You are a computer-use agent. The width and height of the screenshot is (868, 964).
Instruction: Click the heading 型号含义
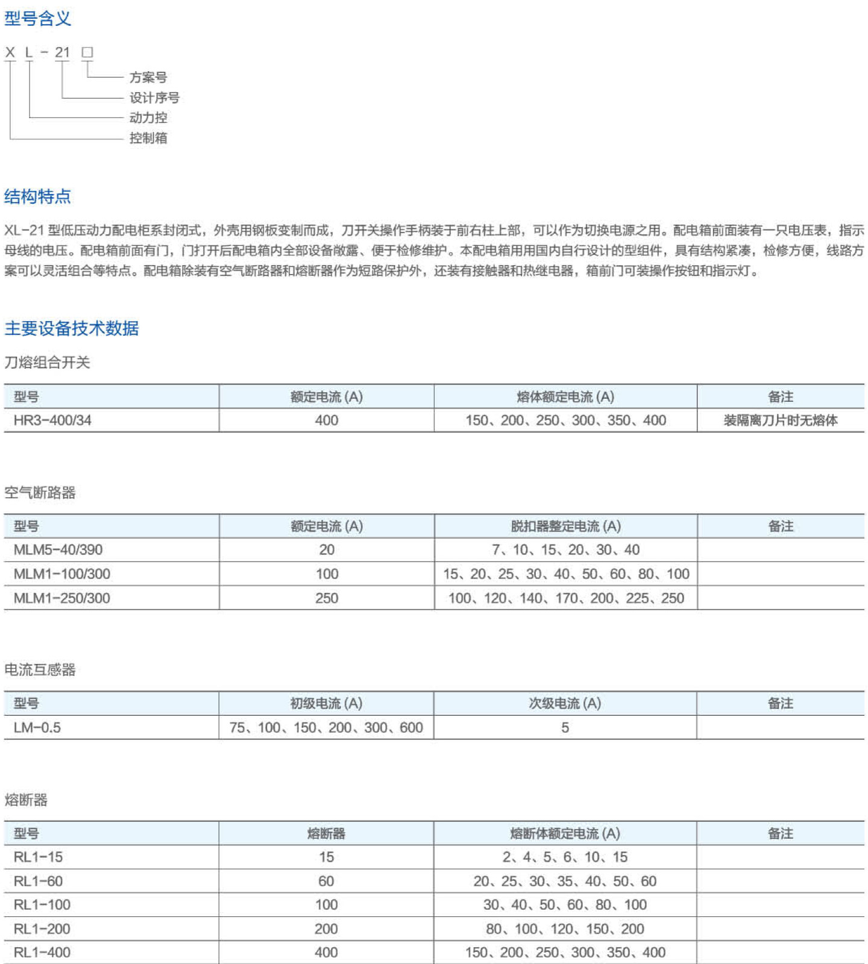[x=37, y=19]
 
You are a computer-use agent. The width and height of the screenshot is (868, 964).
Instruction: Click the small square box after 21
[x=87, y=52]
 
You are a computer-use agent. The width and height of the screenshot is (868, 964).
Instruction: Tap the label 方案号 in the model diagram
[x=148, y=77]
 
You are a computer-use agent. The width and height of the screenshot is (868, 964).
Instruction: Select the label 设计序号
[x=154, y=98]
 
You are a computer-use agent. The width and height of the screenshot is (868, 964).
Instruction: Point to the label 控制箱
[x=148, y=138]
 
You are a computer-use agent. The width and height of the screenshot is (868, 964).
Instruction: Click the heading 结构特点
[x=37, y=196]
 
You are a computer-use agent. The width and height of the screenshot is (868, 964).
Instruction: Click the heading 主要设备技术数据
[x=72, y=328]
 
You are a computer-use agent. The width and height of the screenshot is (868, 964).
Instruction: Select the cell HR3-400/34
[x=52, y=421]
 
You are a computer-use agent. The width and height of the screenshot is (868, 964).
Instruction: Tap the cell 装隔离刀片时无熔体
[x=781, y=421]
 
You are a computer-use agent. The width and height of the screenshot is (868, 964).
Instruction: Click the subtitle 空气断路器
[x=40, y=493]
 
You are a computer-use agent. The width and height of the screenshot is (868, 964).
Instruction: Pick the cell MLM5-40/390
[x=58, y=549]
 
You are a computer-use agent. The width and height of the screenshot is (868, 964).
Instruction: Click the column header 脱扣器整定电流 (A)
[x=565, y=526]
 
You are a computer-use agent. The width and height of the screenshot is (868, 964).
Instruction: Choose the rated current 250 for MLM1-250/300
[x=327, y=598]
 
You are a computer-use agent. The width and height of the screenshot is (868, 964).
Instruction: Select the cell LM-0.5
[x=37, y=728]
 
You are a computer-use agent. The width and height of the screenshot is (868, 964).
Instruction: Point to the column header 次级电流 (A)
[x=565, y=703]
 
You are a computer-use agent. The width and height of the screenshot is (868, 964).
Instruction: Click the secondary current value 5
[x=565, y=728]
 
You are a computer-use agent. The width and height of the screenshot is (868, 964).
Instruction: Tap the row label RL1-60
[x=38, y=881]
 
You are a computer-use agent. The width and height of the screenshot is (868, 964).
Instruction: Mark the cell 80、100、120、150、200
[x=565, y=929]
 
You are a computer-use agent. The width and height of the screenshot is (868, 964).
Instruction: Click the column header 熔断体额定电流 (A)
[x=565, y=833]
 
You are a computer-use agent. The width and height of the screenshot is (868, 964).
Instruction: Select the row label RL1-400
[x=42, y=953]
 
